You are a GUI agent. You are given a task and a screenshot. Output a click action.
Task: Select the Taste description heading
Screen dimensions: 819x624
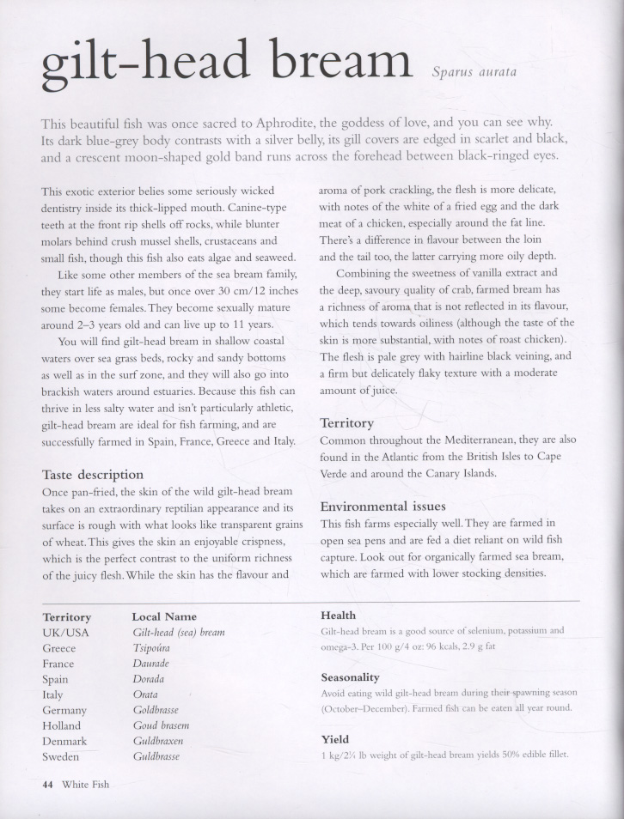point(93,474)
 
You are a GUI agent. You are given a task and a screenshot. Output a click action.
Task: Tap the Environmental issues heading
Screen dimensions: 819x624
point(383,507)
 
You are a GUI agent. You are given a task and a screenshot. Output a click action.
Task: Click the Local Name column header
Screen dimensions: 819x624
point(164,616)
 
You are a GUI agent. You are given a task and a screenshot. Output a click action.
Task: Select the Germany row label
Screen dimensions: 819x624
point(64,710)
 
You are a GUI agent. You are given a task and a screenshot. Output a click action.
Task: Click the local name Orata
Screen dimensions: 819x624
point(145,695)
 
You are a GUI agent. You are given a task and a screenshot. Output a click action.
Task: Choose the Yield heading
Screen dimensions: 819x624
point(334,739)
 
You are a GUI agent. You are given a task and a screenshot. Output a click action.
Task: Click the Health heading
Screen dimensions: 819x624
point(339,616)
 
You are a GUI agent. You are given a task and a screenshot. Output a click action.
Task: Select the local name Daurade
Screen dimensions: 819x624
point(151,664)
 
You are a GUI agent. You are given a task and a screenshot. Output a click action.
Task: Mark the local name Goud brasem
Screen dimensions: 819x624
point(161,725)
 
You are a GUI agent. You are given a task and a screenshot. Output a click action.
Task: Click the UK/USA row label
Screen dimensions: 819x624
point(65,633)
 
